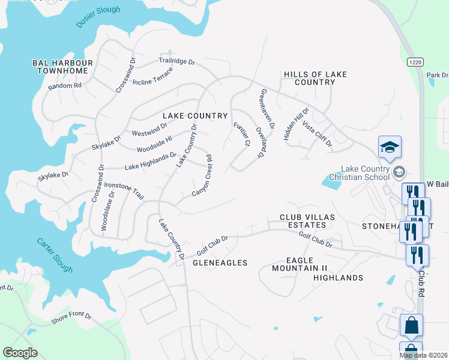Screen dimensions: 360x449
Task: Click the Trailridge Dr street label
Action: point(177,61)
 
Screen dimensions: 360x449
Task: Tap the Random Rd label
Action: point(65,86)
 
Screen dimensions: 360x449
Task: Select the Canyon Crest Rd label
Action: point(203,176)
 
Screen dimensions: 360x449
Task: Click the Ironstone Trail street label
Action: point(124,191)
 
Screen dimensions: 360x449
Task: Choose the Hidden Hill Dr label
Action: point(295,125)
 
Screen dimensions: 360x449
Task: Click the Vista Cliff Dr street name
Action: point(317,134)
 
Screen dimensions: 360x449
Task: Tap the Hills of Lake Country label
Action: point(315,78)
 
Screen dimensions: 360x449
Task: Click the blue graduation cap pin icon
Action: point(390,148)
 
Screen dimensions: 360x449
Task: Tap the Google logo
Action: point(20,353)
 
